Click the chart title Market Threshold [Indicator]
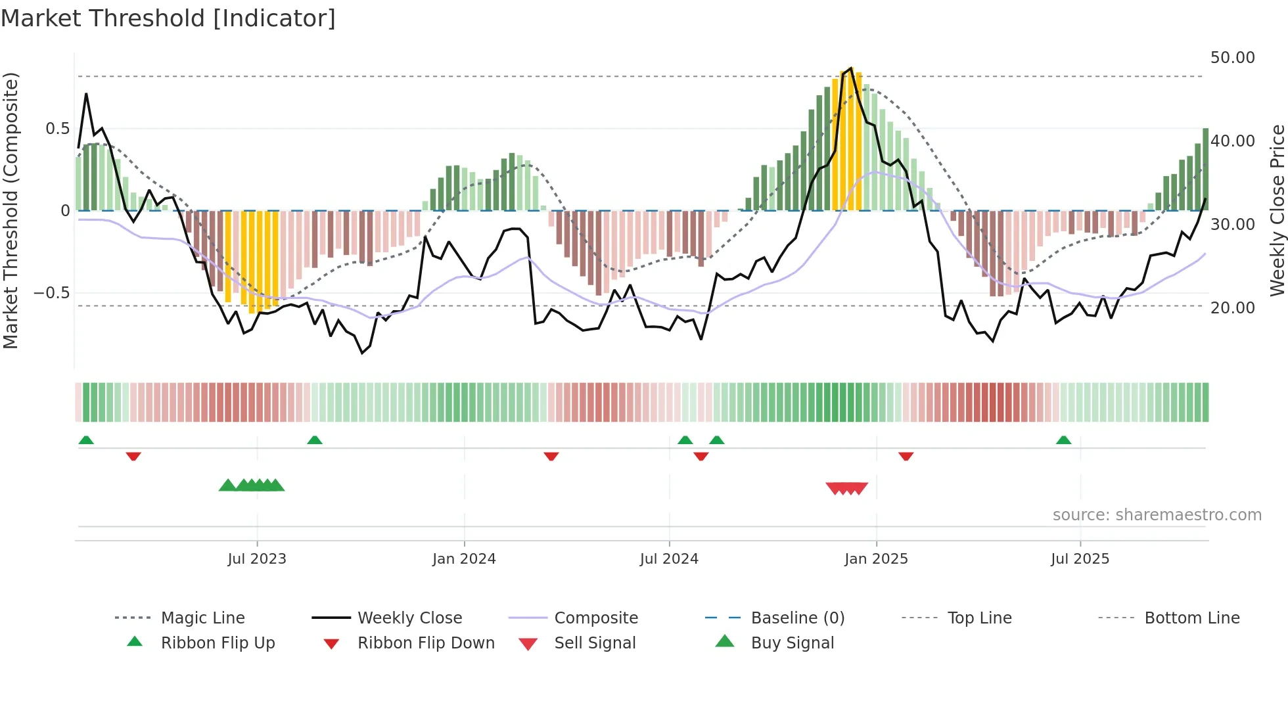168,18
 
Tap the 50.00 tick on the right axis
1232,58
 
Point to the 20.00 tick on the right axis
1232,307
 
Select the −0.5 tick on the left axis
52,292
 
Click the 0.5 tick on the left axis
57,128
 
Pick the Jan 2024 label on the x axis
464,559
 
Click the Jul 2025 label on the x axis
1080,559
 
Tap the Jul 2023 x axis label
257,559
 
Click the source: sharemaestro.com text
1157,515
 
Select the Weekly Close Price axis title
1277,210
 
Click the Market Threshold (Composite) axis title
11,210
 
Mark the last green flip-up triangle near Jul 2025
1063,440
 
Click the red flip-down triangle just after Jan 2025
906,456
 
